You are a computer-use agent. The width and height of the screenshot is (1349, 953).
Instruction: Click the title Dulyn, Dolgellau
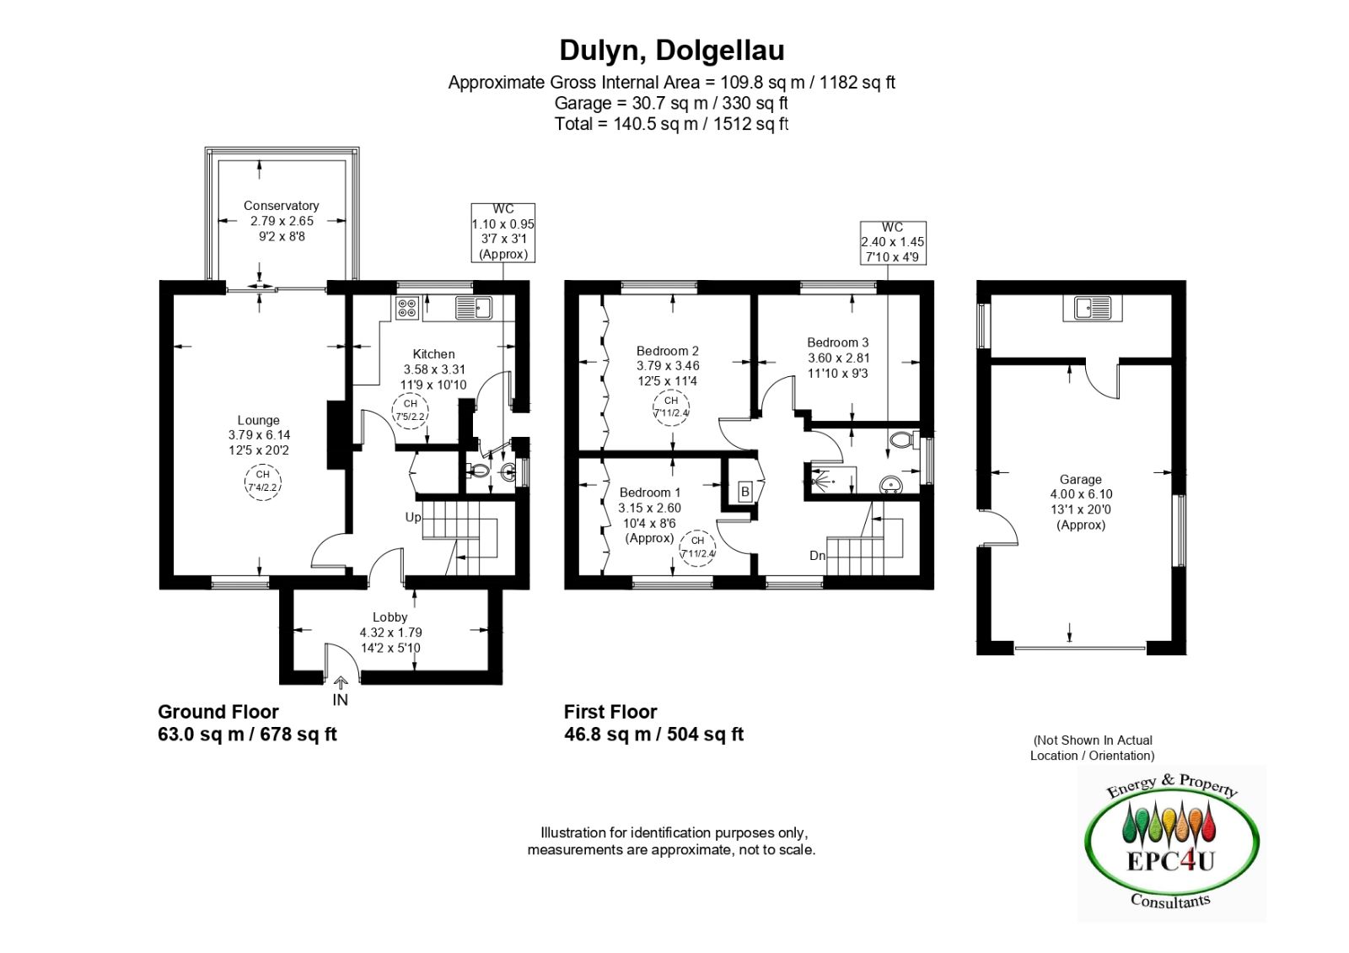[672, 51]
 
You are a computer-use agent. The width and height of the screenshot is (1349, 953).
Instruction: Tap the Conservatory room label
[282, 206]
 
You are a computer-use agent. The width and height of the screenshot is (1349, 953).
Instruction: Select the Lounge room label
[258, 420]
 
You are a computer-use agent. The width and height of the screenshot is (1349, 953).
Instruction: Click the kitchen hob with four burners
[407, 308]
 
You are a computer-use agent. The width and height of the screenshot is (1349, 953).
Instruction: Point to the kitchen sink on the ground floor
[474, 308]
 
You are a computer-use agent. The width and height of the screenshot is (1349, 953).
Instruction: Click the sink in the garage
[1093, 309]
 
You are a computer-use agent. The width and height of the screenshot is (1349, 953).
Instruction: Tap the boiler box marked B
[745, 493]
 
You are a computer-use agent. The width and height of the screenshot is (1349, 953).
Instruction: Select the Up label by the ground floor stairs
[413, 518]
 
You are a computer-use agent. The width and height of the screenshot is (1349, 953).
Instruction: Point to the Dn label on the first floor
[817, 556]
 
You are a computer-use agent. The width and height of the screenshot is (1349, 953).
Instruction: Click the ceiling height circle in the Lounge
[262, 482]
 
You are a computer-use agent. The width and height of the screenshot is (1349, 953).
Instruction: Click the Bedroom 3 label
[838, 342]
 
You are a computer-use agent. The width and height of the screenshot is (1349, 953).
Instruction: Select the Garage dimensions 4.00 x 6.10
[1081, 494]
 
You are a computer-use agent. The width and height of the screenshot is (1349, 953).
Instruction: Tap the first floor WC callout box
[893, 243]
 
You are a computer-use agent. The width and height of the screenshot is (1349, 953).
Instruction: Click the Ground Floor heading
[218, 712]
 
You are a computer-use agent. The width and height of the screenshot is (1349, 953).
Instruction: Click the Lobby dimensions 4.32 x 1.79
[390, 633]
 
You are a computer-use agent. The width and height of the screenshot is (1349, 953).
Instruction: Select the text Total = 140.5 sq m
[632, 124]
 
